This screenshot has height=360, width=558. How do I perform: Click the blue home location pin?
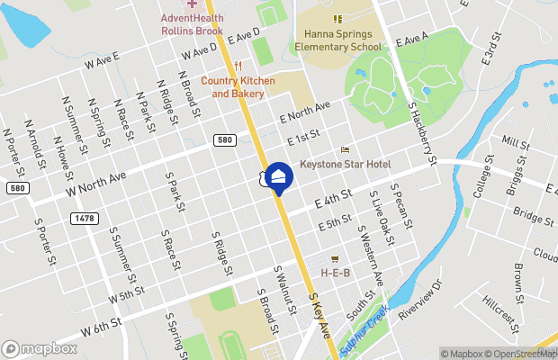coord(279,176)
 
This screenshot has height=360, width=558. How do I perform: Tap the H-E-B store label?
coord(335,272)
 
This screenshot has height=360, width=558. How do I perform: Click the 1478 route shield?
coord(84,219)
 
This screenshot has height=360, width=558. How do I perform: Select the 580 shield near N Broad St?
coord(225,139)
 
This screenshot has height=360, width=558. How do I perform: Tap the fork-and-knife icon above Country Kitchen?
coord(238,65)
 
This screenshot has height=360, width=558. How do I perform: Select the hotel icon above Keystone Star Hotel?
coord(345,150)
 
